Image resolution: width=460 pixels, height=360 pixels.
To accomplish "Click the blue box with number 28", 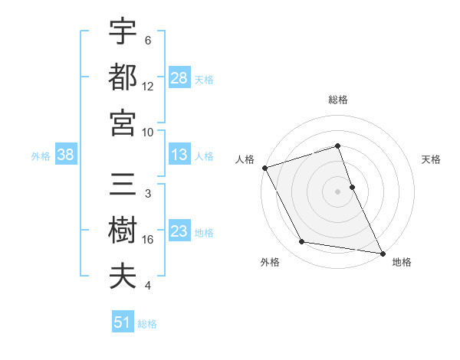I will click(179, 77).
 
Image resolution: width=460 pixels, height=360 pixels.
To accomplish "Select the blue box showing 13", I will click(179, 155).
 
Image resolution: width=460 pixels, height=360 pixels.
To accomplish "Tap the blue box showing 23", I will click(179, 232).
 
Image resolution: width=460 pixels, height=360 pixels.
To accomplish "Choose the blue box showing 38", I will click(66, 155).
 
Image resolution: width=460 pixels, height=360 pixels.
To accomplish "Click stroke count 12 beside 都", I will click(148, 86).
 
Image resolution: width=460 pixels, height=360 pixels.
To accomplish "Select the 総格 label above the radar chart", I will click(338, 100).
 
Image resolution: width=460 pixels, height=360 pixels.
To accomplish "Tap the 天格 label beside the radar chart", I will click(431, 159).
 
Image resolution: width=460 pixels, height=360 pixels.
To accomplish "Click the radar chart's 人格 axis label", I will click(245, 159).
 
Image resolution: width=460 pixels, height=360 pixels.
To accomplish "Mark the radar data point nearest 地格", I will click(382, 253).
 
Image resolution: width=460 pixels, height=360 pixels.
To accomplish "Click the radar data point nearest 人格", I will click(264, 168).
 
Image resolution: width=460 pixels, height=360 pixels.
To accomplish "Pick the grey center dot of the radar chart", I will click(338, 191).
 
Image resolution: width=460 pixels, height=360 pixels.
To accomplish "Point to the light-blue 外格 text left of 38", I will click(41, 156).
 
